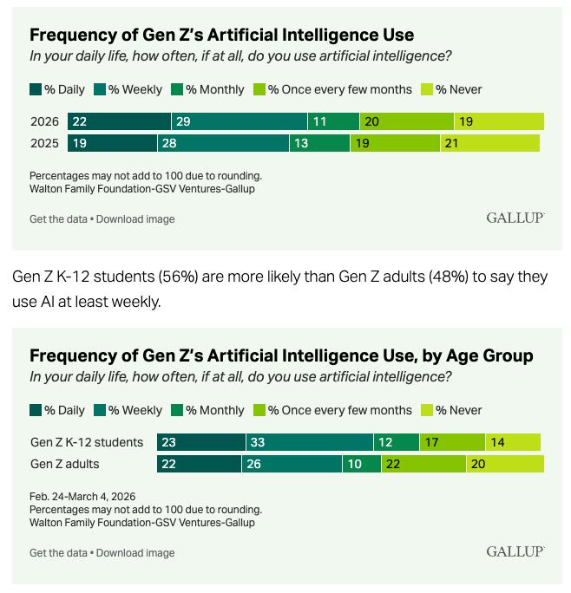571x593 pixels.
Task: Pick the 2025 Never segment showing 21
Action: (x=489, y=143)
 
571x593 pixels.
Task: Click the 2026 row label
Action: (x=44, y=122)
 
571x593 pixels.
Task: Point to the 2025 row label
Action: (x=44, y=143)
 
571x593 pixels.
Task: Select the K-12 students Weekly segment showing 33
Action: (x=310, y=442)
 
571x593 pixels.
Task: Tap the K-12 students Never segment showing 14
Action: (x=513, y=442)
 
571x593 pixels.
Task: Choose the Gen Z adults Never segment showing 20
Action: (x=505, y=464)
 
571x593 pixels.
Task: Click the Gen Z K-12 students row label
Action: (x=87, y=442)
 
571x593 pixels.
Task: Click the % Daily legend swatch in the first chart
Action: (x=36, y=89)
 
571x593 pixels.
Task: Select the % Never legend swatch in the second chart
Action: (x=426, y=410)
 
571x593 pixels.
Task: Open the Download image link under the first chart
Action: (x=135, y=219)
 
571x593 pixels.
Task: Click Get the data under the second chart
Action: (x=58, y=552)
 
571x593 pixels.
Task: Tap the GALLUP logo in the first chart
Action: (x=515, y=218)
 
